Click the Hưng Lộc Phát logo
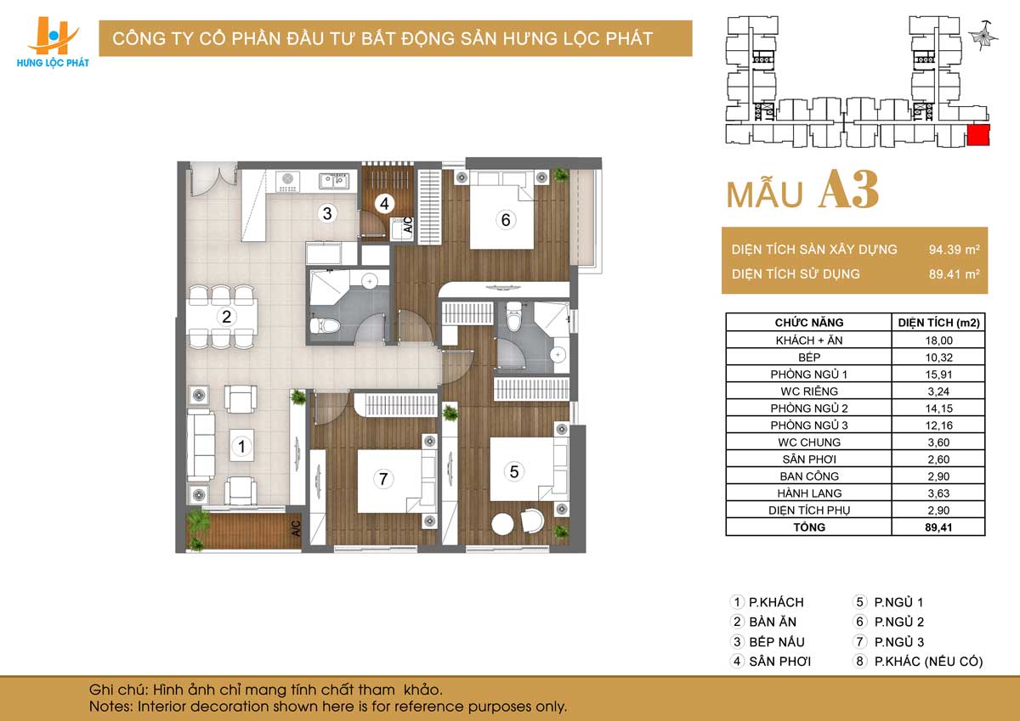click(x=53, y=42)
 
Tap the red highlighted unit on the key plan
click(x=978, y=135)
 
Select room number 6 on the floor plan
click(x=506, y=220)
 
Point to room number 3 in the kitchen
click(x=327, y=213)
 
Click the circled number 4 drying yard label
click(x=384, y=204)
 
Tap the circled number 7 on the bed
click(x=383, y=479)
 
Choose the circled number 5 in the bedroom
click(x=514, y=471)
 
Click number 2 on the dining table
click(x=226, y=317)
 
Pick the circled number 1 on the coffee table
click(x=241, y=446)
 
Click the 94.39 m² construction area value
click(x=954, y=250)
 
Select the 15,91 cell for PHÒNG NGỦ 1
click(x=938, y=375)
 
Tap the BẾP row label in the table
click(x=809, y=357)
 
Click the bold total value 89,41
click(x=938, y=527)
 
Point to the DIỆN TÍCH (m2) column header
click(x=938, y=323)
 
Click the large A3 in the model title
click(x=849, y=189)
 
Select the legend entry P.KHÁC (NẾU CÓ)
click(x=928, y=662)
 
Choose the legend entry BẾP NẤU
click(x=777, y=642)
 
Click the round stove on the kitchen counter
click(x=288, y=178)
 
